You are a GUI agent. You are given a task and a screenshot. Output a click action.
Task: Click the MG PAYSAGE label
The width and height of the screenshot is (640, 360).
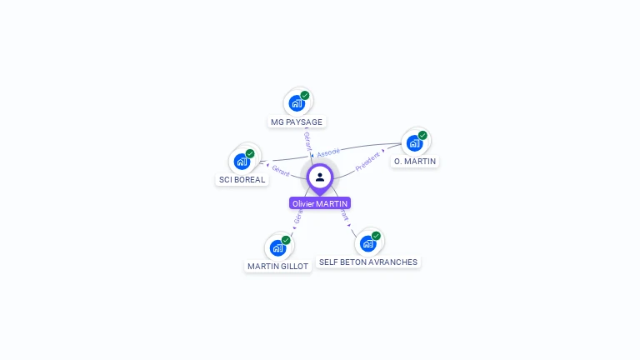pos(297,122)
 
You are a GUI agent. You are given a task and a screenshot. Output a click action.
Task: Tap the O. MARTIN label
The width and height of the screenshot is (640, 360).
pos(415,161)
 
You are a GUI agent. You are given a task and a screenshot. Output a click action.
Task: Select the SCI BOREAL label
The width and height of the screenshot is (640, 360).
pos(242,179)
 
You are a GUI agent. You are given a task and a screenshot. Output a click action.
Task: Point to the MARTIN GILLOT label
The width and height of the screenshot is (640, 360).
pos(277,266)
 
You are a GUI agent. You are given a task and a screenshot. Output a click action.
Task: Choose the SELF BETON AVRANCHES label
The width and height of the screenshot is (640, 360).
pos(367,262)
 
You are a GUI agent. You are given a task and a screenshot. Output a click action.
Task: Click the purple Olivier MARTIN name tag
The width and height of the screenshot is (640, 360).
pos(320,203)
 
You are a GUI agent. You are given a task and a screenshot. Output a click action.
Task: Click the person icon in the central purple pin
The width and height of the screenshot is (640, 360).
pos(320,177)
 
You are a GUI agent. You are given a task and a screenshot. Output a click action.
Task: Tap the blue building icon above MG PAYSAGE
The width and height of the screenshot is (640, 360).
pos(296,104)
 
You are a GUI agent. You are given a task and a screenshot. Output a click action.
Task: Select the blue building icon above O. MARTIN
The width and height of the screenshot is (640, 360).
pos(414,143)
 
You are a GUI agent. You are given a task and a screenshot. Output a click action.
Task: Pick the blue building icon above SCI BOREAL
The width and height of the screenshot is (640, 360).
pos(242,162)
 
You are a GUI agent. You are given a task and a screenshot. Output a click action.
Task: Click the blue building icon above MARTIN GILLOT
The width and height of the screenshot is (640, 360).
pos(277,248)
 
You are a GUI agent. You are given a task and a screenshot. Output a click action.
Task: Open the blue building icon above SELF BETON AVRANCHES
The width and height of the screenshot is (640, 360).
pos(367,244)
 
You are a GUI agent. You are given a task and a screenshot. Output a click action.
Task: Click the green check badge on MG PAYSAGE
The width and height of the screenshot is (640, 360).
pos(305,96)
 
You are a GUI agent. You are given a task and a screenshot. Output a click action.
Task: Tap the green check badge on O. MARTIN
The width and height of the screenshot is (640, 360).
pos(422,135)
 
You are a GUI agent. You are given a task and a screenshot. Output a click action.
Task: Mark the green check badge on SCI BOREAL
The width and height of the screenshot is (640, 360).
pos(250,153)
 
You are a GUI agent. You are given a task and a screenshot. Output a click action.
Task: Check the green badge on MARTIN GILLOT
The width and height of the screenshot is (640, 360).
pos(286,240)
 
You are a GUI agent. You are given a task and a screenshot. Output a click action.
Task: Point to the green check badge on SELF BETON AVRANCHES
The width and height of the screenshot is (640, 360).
pos(376,236)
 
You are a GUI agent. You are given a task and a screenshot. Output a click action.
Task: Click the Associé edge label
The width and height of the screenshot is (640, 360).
pos(328,152)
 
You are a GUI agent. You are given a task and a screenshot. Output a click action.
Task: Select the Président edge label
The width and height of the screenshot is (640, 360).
pos(367,161)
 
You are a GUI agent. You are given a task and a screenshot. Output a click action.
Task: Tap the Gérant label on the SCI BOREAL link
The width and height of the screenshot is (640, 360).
pos(281,171)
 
